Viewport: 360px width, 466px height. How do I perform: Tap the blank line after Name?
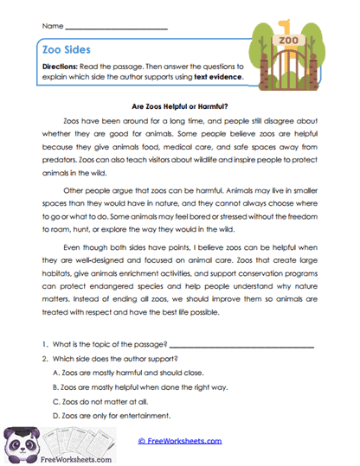[116, 28]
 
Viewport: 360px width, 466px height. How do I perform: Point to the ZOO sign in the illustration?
[288, 41]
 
